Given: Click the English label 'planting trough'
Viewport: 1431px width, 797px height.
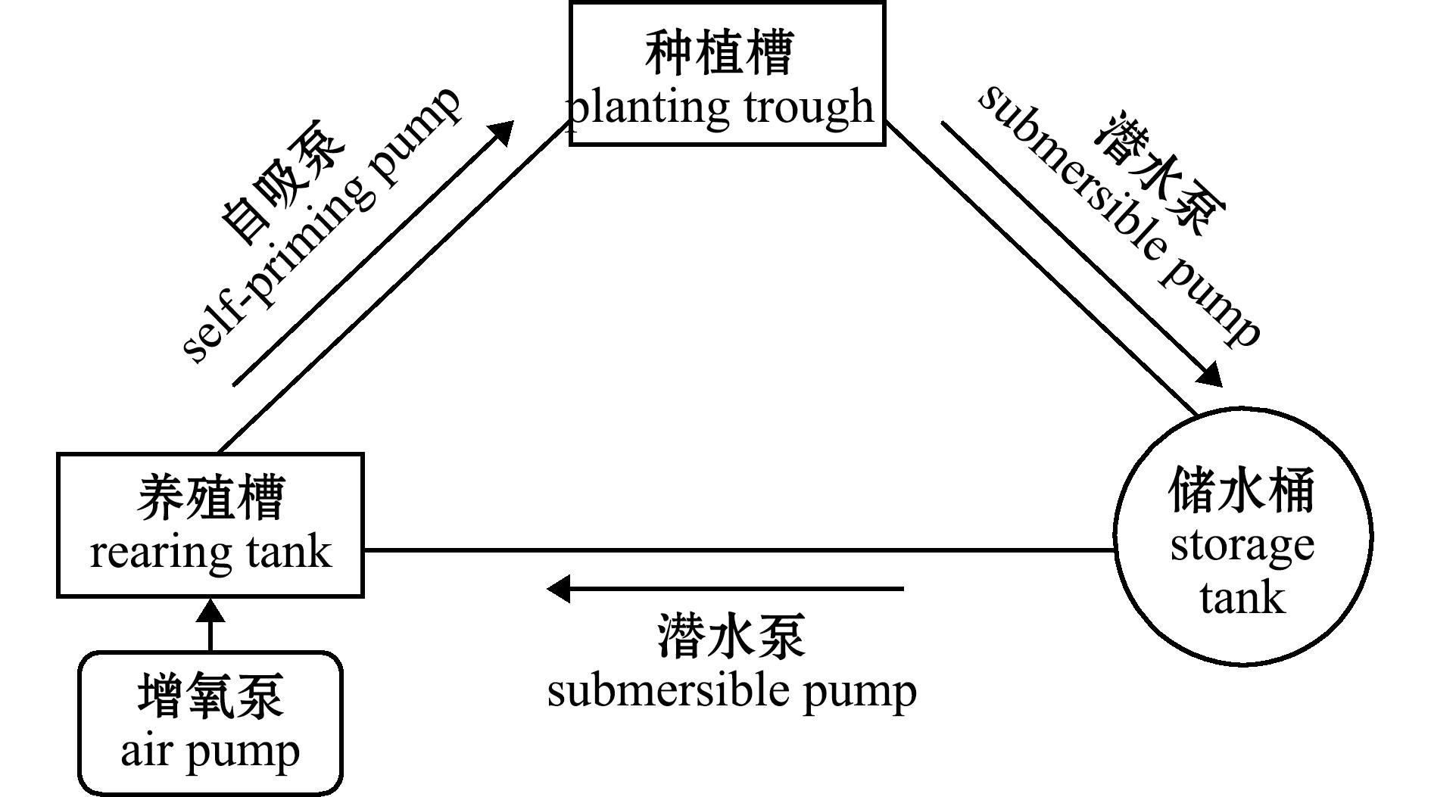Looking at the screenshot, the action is pos(721,108).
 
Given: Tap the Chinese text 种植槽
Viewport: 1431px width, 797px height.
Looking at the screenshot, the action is pos(719,53).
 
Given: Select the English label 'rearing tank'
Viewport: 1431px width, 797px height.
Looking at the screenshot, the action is pos(210,553).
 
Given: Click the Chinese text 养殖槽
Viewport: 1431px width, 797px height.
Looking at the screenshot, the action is pos(210,497).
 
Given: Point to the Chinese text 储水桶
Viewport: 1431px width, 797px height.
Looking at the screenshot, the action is pos(1242,490).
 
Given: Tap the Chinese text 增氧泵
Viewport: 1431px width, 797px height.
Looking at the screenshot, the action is pos(210,696).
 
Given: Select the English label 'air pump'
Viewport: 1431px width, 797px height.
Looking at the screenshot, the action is pos(210,752).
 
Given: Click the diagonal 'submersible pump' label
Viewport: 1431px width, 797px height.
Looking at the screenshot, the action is pos(1120,215).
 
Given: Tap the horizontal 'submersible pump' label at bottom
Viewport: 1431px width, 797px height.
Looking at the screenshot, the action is pos(731,691).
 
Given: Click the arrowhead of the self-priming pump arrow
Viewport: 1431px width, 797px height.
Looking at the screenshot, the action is pos(500,133).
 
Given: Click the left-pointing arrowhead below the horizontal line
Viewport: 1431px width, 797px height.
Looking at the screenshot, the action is pos(558,588).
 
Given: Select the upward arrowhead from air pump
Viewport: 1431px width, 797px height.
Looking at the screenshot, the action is pos(210,611).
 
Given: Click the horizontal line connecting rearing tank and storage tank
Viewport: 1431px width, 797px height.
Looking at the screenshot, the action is pos(740,550).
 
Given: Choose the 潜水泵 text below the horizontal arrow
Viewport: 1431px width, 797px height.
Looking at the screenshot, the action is pos(731,636).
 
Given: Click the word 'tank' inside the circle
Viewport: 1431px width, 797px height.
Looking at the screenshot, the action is pos(1242,598).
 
